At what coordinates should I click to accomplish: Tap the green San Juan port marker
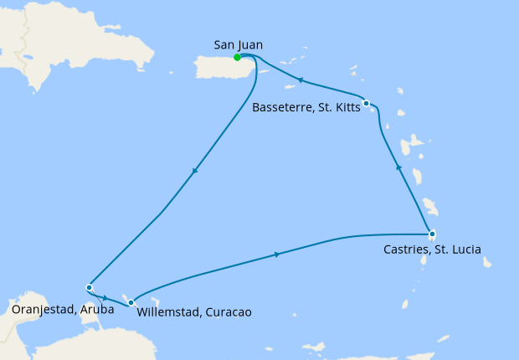click(x=238, y=58)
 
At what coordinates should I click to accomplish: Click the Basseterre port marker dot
click(x=367, y=103)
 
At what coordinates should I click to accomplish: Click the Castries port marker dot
click(x=431, y=234)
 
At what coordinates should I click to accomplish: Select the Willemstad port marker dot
click(x=131, y=302)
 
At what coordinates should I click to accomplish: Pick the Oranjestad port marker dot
click(x=89, y=288)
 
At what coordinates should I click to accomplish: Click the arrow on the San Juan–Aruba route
click(x=195, y=172)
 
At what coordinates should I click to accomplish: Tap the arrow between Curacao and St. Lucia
click(x=276, y=254)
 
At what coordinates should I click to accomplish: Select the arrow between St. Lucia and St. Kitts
click(x=398, y=168)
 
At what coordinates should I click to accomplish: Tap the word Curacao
click(x=228, y=313)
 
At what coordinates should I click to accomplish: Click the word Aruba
click(x=97, y=309)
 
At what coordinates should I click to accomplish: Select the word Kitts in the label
click(x=342, y=106)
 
